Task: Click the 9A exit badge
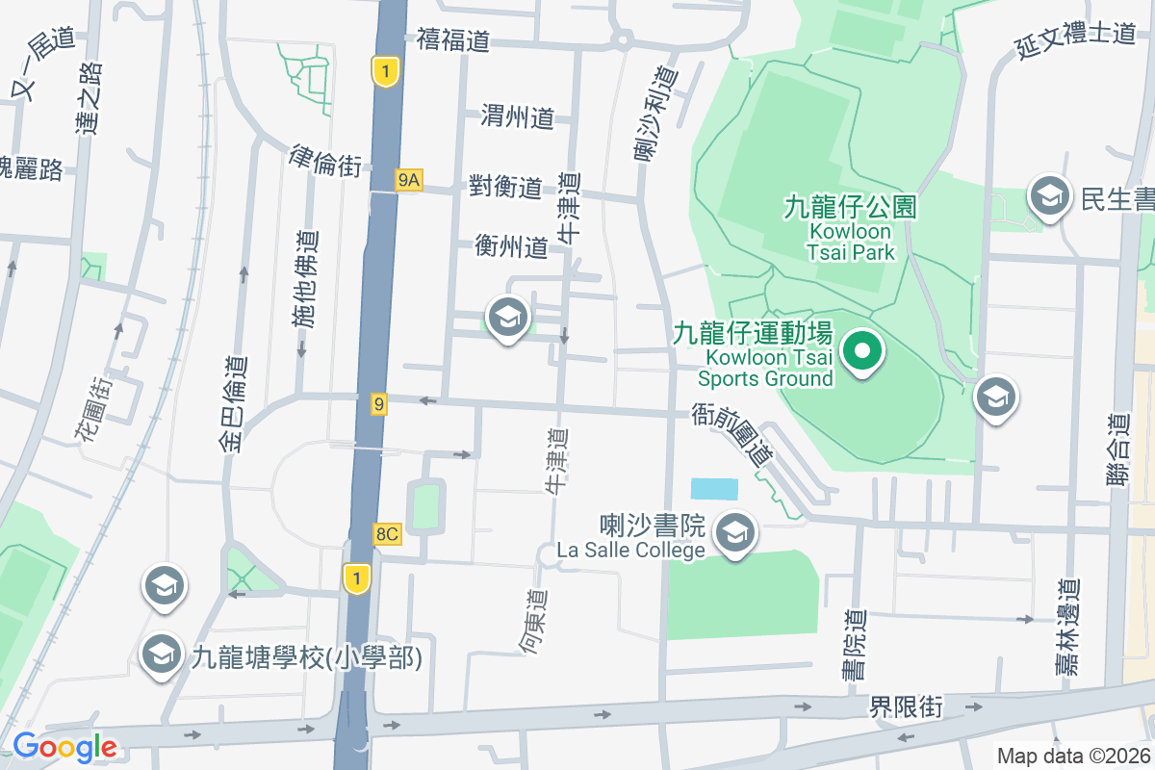pyautogui.click(x=408, y=180)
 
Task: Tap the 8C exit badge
pyautogui.click(x=387, y=534)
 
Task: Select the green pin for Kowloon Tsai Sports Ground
pyautogui.click(x=863, y=351)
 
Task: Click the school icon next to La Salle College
pyautogui.click(x=736, y=532)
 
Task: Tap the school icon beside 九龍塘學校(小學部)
pyautogui.click(x=161, y=655)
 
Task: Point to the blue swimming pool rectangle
pyautogui.click(x=714, y=489)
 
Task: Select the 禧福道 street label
pyautogui.click(x=453, y=40)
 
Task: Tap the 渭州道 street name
pyautogui.click(x=518, y=118)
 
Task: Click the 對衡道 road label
pyautogui.click(x=506, y=187)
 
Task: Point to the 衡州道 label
pyautogui.click(x=511, y=247)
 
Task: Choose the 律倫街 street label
pyautogui.click(x=324, y=161)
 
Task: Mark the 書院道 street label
pyautogui.click(x=854, y=645)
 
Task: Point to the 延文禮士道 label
pyautogui.click(x=1075, y=36)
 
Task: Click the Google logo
pyautogui.click(x=64, y=746)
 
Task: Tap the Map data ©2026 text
pyautogui.click(x=1073, y=756)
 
